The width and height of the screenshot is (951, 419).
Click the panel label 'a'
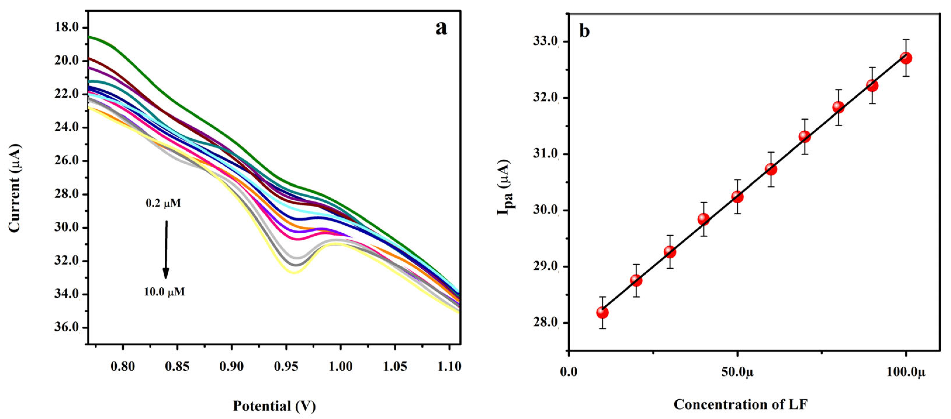coord(441,28)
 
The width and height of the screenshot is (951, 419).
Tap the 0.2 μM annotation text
coord(163,203)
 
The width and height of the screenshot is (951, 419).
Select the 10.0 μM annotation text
coord(164,292)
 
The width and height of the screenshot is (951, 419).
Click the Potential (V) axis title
coord(274,406)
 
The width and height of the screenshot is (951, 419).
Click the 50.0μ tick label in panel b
coord(737,372)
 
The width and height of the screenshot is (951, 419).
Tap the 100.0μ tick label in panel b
coord(906,372)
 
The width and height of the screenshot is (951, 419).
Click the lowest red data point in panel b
coord(602,313)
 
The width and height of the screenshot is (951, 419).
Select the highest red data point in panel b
coord(906,58)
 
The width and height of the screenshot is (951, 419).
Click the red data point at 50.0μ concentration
coord(737,197)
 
